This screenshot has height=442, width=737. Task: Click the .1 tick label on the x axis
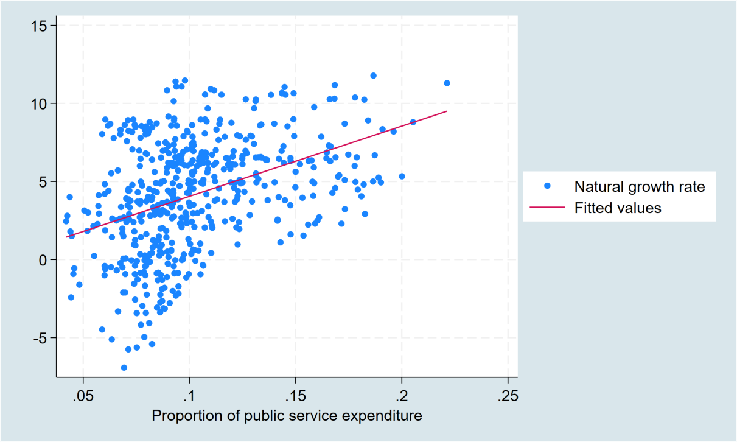189,396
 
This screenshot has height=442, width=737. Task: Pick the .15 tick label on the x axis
295,396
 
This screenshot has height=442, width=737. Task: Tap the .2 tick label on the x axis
402,396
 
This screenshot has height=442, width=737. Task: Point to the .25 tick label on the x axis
508,396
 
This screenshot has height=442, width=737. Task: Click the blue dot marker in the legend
547,186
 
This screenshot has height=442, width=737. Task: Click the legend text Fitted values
617,208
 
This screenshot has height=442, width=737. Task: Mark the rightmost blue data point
447,83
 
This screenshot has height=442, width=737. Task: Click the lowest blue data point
124,367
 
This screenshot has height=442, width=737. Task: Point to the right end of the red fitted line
447,111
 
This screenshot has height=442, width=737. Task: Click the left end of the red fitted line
66,237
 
